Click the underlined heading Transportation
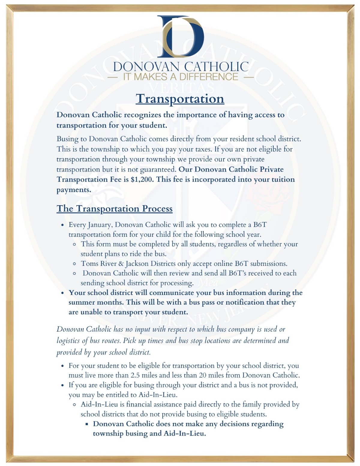pos(180,98)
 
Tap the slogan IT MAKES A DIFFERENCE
pos(181,77)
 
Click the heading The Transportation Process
pos(114,209)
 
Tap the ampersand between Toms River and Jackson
pos(121,264)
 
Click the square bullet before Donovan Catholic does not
pos(87,424)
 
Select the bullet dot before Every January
pos(62,225)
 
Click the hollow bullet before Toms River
pos(75,264)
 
